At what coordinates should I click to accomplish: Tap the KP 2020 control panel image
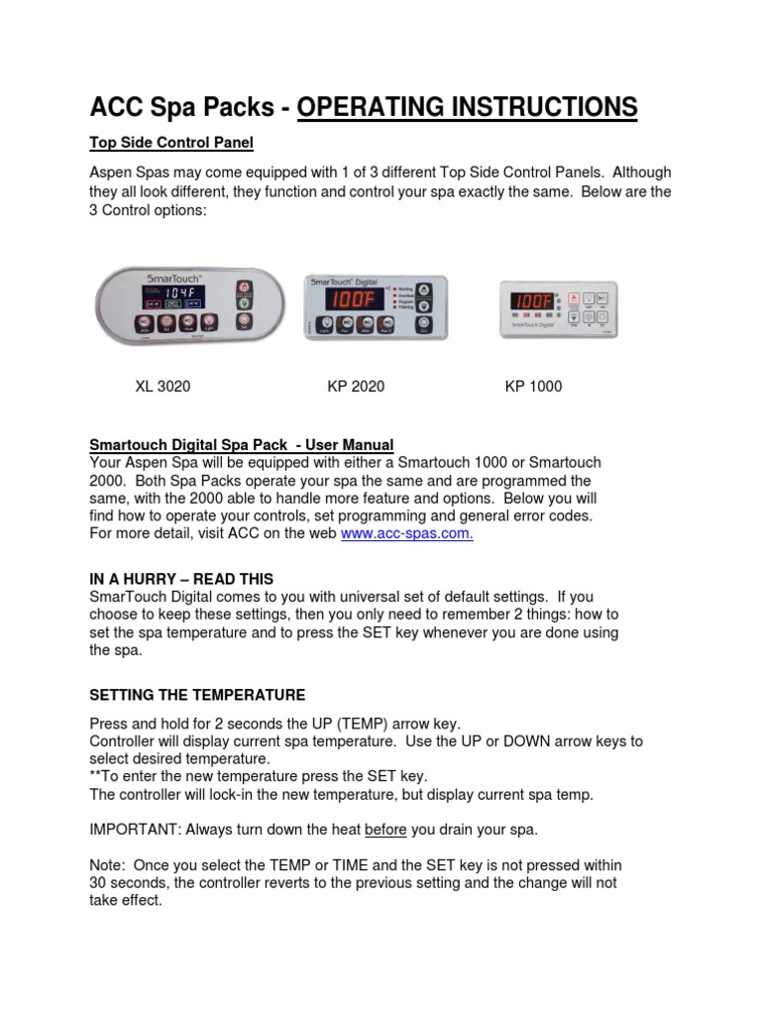[x=374, y=307]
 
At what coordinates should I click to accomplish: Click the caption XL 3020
[x=163, y=387]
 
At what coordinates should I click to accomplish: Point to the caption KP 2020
[x=356, y=387]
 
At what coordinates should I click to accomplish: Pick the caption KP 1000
[x=533, y=387]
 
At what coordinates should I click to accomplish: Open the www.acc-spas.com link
[x=407, y=534]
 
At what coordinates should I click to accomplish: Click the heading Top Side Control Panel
[x=171, y=144]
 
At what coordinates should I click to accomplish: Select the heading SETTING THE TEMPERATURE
[x=197, y=695]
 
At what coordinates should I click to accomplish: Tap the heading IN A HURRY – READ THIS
[x=181, y=579]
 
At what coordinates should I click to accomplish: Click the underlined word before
[x=386, y=829]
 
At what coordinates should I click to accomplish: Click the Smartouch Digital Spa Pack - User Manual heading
[x=242, y=446]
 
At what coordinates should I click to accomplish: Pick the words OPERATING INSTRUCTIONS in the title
[x=467, y=107]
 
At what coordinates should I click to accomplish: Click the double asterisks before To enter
[x=97, y=775]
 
